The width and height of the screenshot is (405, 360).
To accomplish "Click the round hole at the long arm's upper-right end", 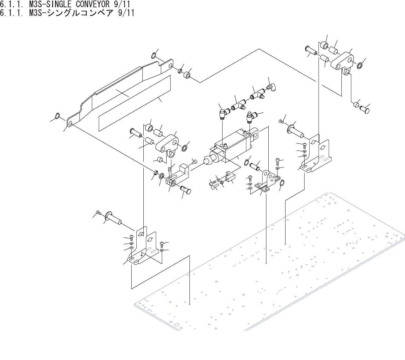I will click(171, 66).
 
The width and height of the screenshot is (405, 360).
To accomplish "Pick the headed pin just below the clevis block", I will click(185, 190).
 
